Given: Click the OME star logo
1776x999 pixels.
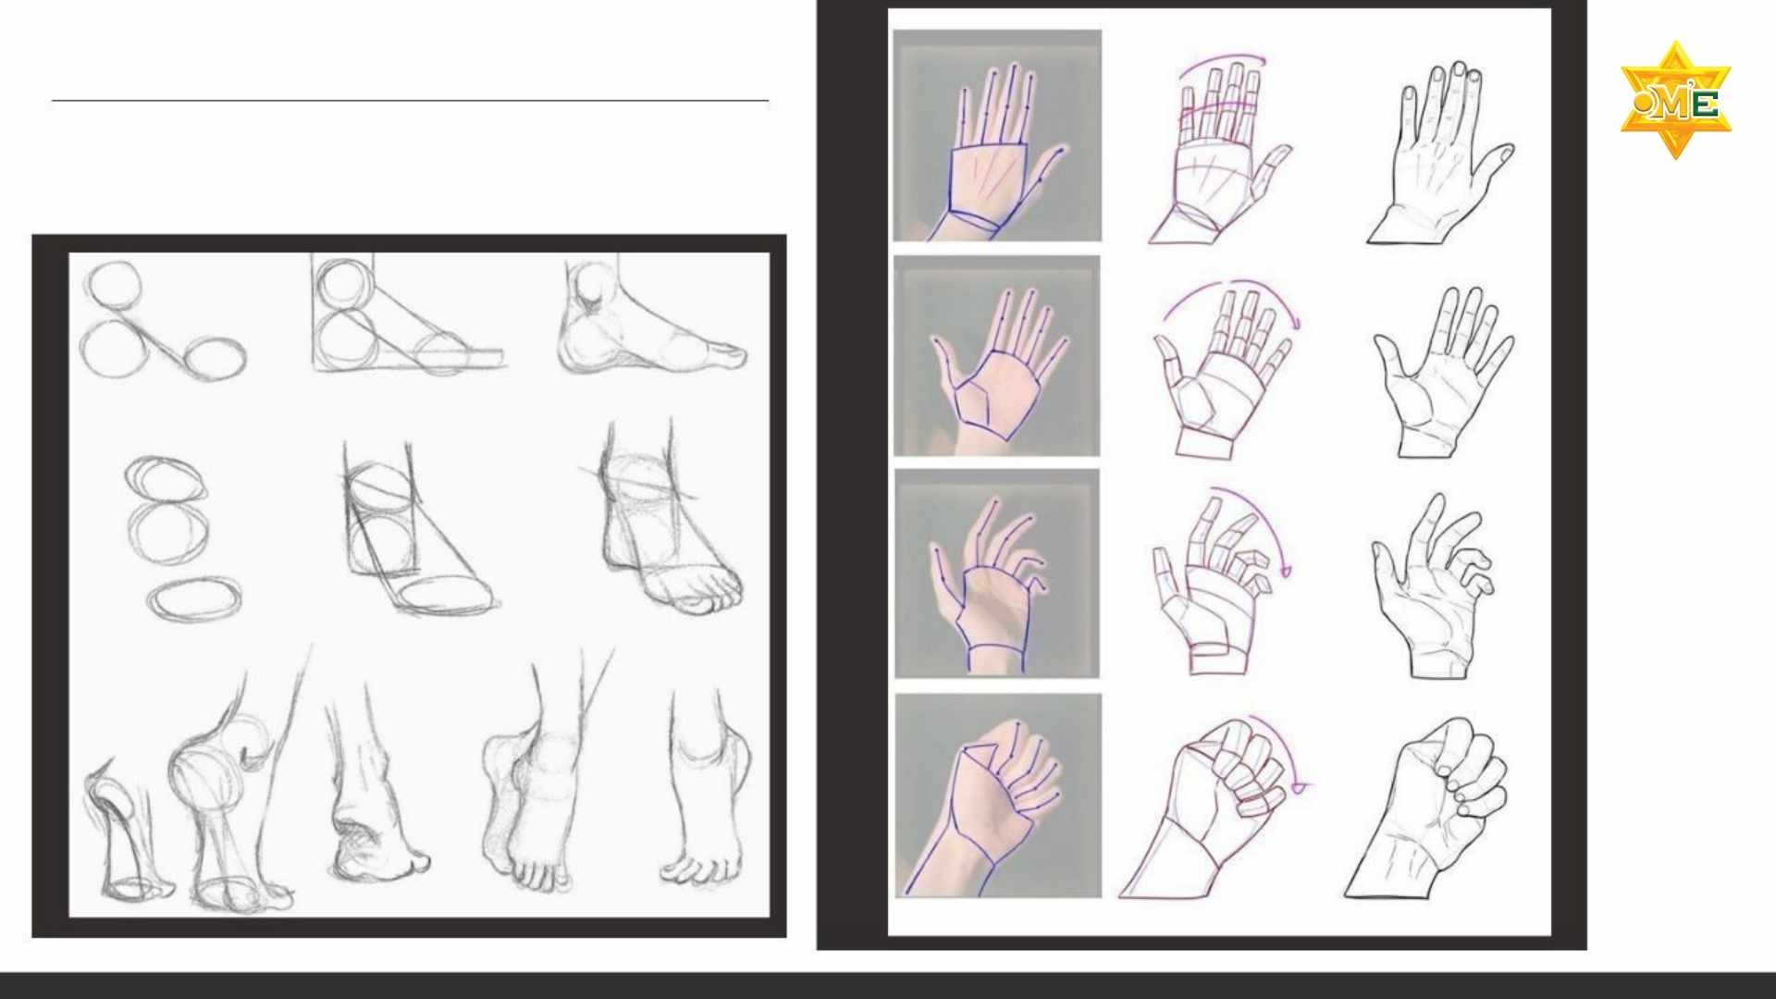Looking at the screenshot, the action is (1675, 100).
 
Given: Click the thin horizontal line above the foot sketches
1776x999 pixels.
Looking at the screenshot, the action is (410, 100).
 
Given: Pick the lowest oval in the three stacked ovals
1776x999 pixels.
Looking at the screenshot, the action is (194, 598).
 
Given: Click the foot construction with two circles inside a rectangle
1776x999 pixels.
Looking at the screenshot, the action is (407, 314).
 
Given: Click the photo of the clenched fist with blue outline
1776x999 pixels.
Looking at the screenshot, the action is (998, 795).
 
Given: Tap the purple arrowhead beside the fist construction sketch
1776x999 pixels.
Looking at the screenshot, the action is (1299, 787).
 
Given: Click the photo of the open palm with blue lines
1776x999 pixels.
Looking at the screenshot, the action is (996, 356).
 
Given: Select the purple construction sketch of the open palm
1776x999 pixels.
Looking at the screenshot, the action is (1224, 370).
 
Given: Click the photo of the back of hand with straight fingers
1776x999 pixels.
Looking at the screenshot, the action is (997, 135).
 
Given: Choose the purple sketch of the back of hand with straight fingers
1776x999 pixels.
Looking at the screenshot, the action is (1219, 148).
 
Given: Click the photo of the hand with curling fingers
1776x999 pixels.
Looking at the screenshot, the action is (997, 573).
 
